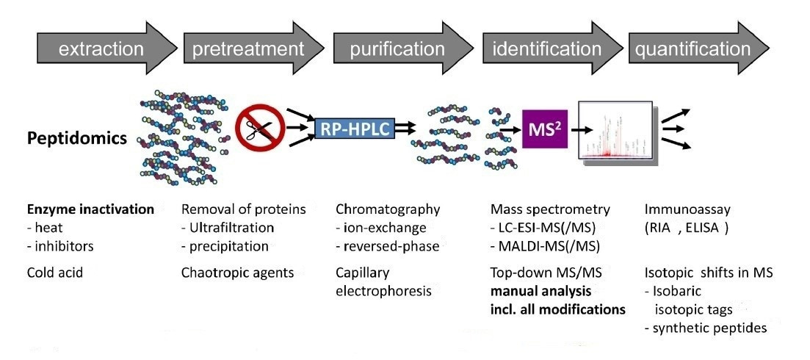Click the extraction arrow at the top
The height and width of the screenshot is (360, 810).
point(101,50)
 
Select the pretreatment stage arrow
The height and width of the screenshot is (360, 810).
point(248,50)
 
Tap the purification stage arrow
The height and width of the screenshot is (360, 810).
point(397,50)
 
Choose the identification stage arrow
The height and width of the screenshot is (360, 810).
point(546,50)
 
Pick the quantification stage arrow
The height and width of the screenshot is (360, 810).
point(693,50)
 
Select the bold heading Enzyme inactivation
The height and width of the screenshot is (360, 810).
point(87,209)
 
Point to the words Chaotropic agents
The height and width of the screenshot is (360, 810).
point(237,273)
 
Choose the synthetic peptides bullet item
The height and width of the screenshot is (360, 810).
point(705,327)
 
